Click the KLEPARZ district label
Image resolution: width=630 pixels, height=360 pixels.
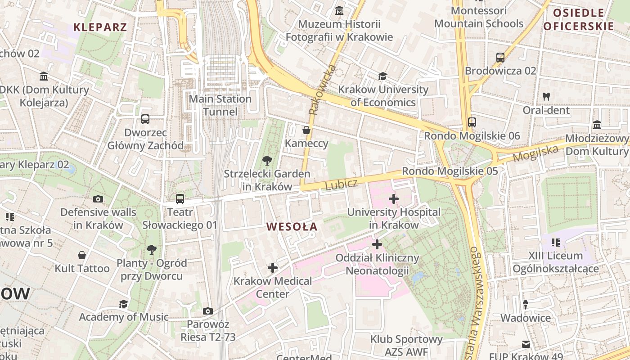(x=100, y=27)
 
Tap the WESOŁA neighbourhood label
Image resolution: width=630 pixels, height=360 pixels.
(x=292, y=226)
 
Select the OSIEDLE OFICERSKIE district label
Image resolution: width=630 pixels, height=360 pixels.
(x=578, y=19)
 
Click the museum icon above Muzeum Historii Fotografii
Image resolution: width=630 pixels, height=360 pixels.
(x=339, y=10)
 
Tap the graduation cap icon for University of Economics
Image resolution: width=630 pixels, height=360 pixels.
(x=382, y=76)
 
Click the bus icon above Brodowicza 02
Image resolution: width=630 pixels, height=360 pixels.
(x=500, y=57)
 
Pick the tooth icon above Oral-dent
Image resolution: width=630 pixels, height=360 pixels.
(x=546, y=96)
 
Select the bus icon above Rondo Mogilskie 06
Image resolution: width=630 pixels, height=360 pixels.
(x=472, y=122)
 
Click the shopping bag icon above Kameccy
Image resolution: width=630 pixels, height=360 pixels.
(x=306, y=130)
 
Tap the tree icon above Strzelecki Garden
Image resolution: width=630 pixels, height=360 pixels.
(x=267, y=160)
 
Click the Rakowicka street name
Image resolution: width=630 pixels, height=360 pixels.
(x=317, y=90)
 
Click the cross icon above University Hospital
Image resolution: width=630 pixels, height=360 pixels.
(x=393, y=198)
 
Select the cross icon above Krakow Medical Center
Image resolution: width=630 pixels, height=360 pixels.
(x=272, y=268)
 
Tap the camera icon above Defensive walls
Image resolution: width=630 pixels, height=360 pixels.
(x=98, y=199)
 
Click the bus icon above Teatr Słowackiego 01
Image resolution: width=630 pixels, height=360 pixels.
(x=180, y=198)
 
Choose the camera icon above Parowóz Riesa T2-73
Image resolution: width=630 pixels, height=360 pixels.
(x=207, y=311)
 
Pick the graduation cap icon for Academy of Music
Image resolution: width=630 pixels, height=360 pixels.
(x=123, y=304)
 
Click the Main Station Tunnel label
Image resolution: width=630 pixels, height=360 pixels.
(x=220, y=105)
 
